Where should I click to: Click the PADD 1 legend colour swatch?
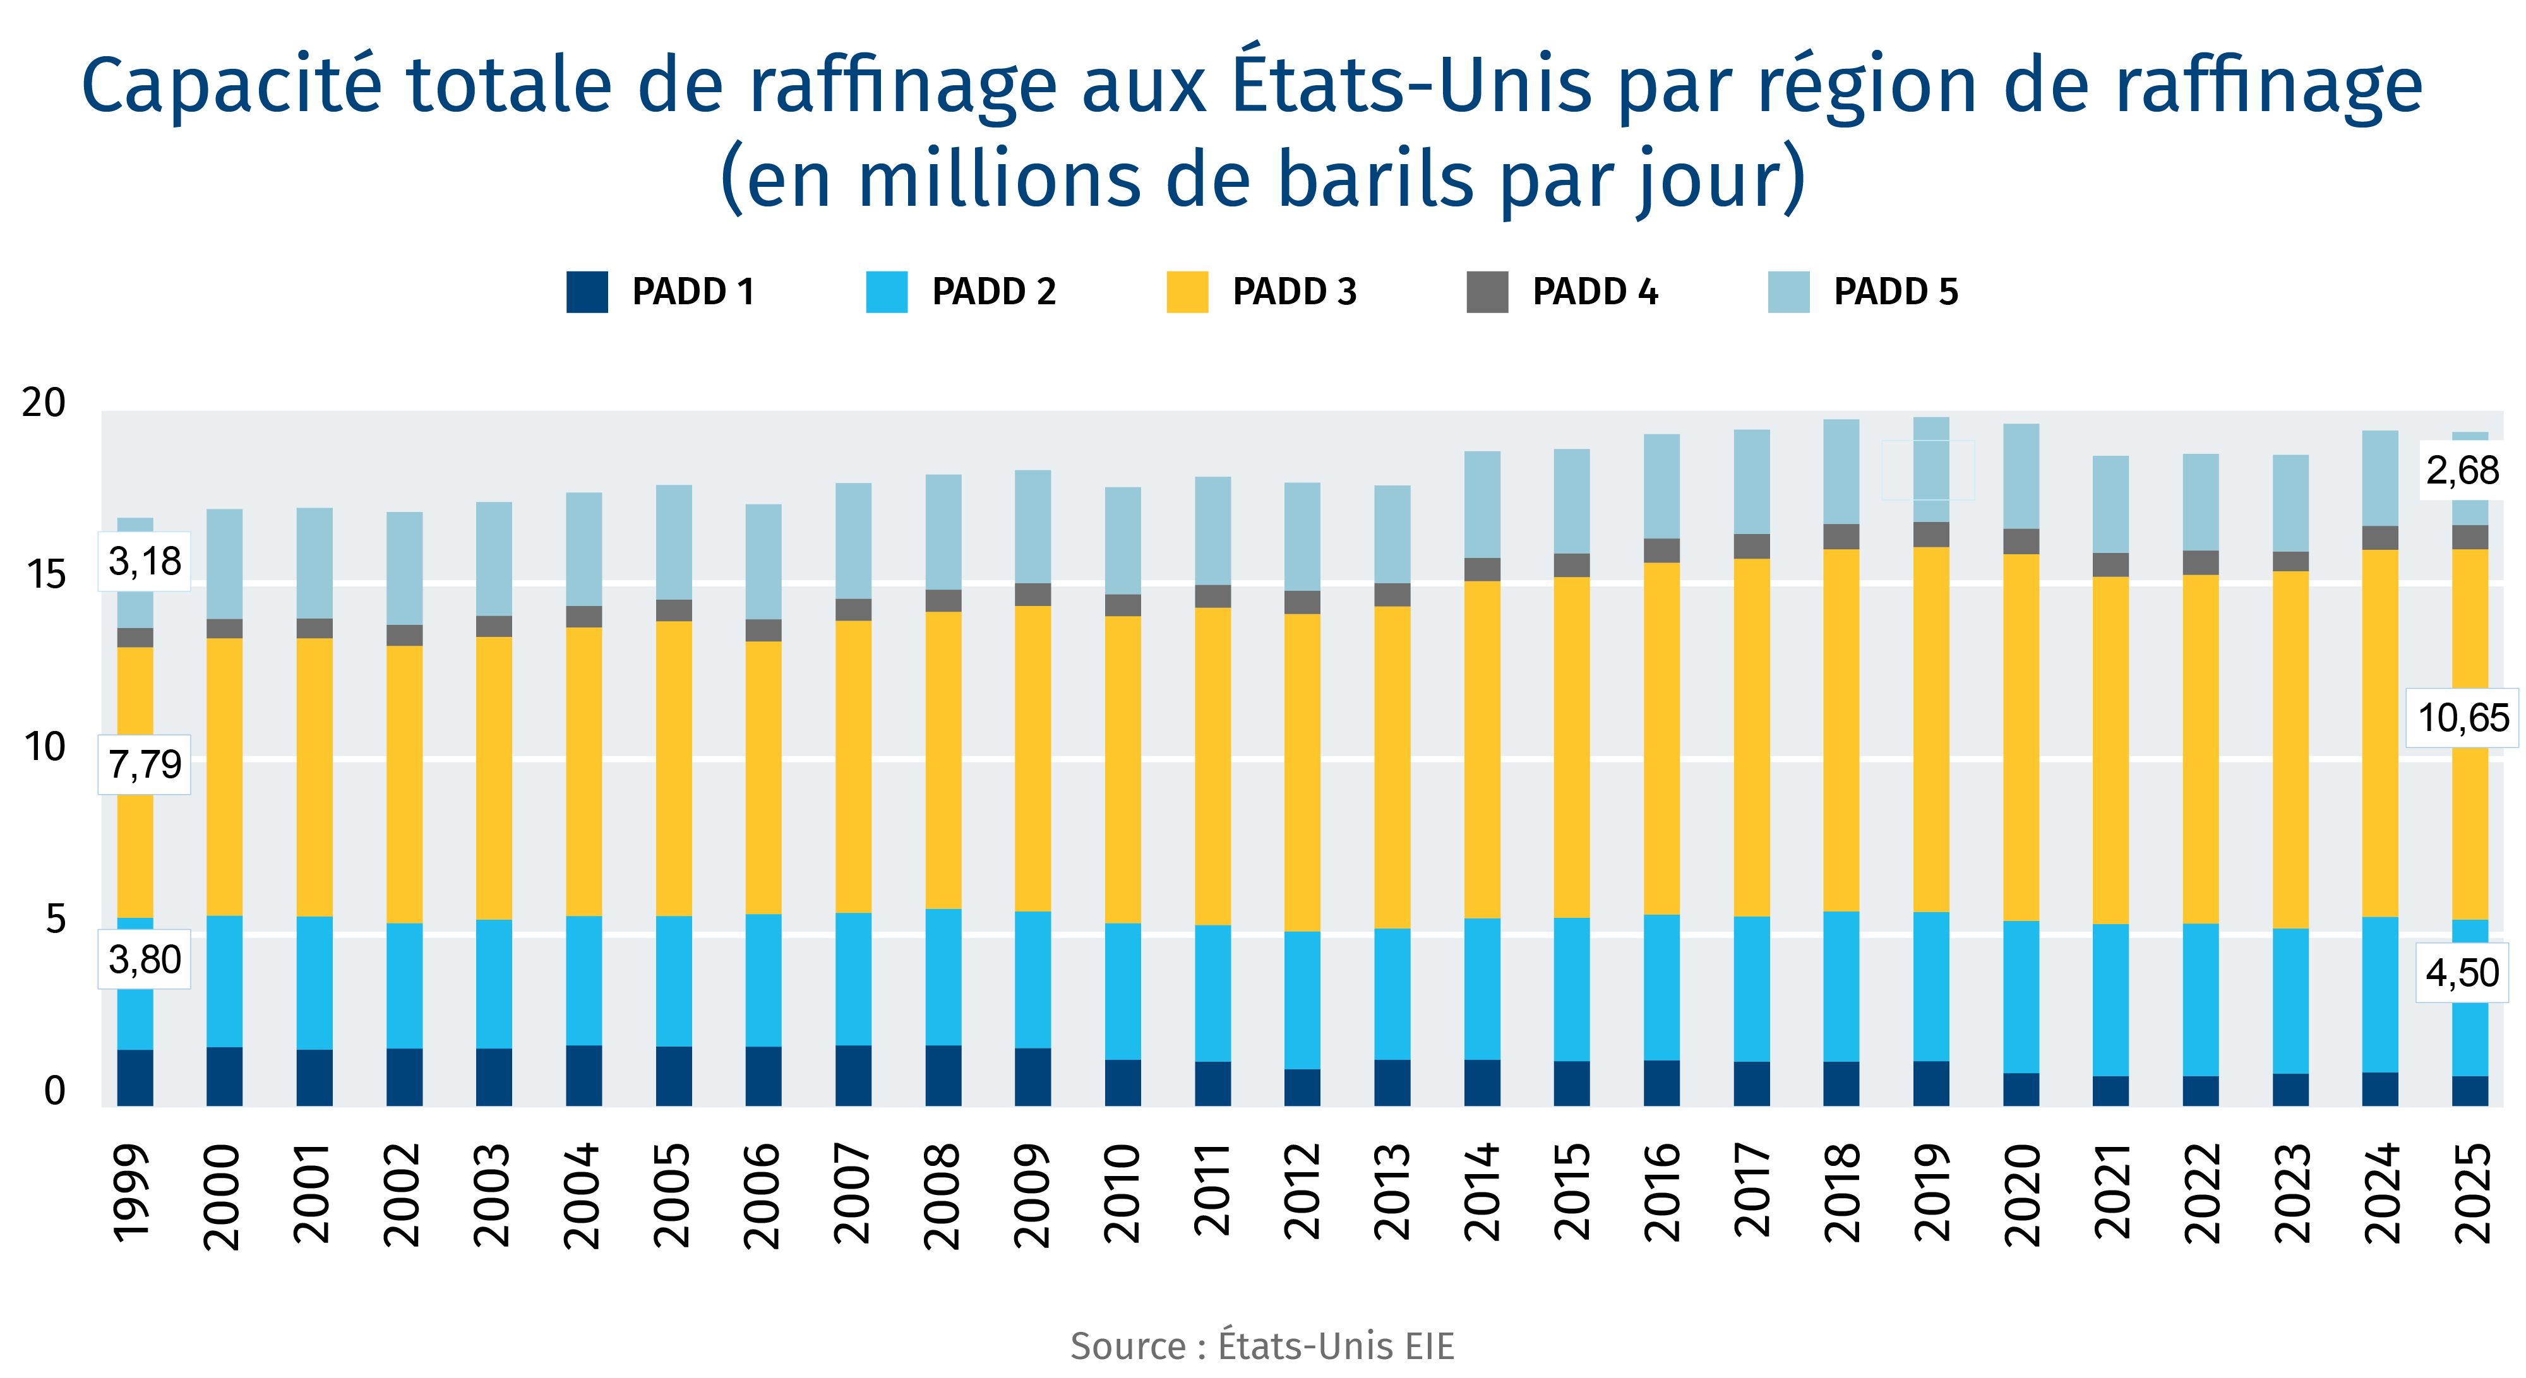(x=587, y=292)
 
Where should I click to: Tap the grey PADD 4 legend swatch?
(x=1487, y=292)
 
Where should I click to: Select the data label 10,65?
(x=2462, y=718)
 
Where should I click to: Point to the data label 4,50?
(x=2462, y=973)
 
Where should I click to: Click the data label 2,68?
(x=2462, y=472)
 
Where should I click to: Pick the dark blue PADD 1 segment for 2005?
(x=674, y=1076)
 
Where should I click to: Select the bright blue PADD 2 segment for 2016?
(x=1661, y=987)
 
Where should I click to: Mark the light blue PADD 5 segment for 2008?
(x=943, y=532)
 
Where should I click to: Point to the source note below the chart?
(x=1262, y=1346)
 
